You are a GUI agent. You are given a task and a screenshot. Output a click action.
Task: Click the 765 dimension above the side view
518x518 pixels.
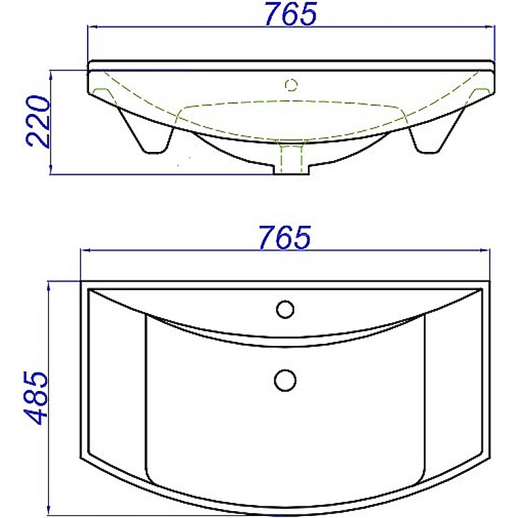click(291, 14)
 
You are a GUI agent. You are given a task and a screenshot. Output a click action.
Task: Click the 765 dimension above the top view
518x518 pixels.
click(285, 238)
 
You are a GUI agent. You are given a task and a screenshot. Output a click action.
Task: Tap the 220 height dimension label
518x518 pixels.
click(38, 121)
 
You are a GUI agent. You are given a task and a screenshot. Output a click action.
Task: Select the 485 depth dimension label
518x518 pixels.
click(36, 398)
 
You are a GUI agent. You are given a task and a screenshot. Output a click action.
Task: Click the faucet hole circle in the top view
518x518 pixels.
click(285, 309)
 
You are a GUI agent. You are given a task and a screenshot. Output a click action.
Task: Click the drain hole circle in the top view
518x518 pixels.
click(285, 381)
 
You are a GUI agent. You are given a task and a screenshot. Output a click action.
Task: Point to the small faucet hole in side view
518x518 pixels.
click(291, 85)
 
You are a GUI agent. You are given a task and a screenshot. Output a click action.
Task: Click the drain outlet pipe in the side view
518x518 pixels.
click(291, 158)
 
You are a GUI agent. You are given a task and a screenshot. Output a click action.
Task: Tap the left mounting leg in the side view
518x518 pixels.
click(145, 129)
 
